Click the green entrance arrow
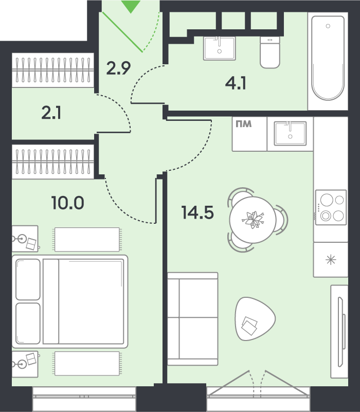pos(131,6)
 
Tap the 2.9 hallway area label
pos(118,68)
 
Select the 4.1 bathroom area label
pos(236,84)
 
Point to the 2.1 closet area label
pos(51,113)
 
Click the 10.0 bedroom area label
pos(68,203)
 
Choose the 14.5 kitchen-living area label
pos(197,212)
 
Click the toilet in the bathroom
pos(270,52)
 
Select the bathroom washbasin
pos(220,48)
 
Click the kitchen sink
pos(290,134)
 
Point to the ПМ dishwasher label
pos(244,124)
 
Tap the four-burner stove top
pos(331,207)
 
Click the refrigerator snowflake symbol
pos(331,260)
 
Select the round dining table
pos(253,220)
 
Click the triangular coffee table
pos(255,318)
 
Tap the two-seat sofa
pos(193,319)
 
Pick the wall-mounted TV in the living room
pos(341,332)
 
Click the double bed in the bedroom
pos(70,301)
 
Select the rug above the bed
pos(87,239)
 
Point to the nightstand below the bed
pos(25,364)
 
